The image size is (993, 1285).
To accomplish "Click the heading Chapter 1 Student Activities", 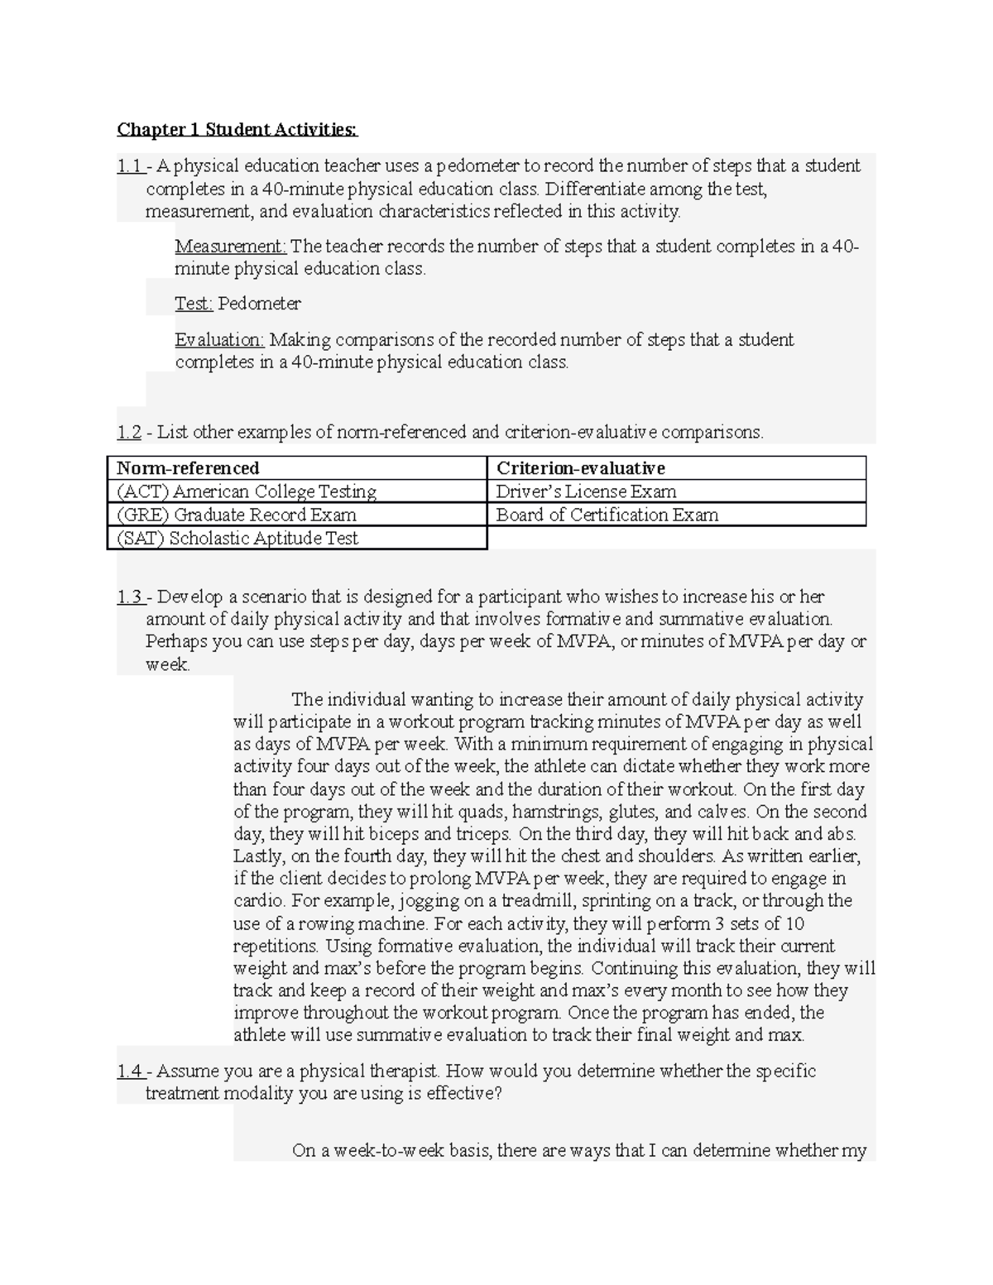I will (237, 129).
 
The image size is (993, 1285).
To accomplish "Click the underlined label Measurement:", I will (230, 247).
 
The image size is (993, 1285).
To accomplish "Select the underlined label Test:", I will (194, 304).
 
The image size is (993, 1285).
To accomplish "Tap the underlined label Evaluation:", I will (219, 340).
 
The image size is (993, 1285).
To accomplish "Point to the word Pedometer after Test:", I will (259, 304).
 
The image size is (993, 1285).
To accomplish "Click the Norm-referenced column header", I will (188, 468).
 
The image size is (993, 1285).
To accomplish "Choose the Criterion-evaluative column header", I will (580, 468).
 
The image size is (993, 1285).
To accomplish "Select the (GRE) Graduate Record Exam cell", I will (237, 515).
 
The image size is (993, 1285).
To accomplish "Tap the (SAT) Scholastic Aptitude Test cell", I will (237, 538).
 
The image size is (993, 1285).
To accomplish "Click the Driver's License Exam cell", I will (586, 491).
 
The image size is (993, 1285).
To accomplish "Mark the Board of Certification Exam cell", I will (607, 515).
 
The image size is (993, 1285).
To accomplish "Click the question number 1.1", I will (129, 166).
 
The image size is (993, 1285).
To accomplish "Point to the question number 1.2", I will (128, 432).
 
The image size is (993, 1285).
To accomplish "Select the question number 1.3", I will (129, 597).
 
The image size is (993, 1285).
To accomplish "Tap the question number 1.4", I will (129, 1072).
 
